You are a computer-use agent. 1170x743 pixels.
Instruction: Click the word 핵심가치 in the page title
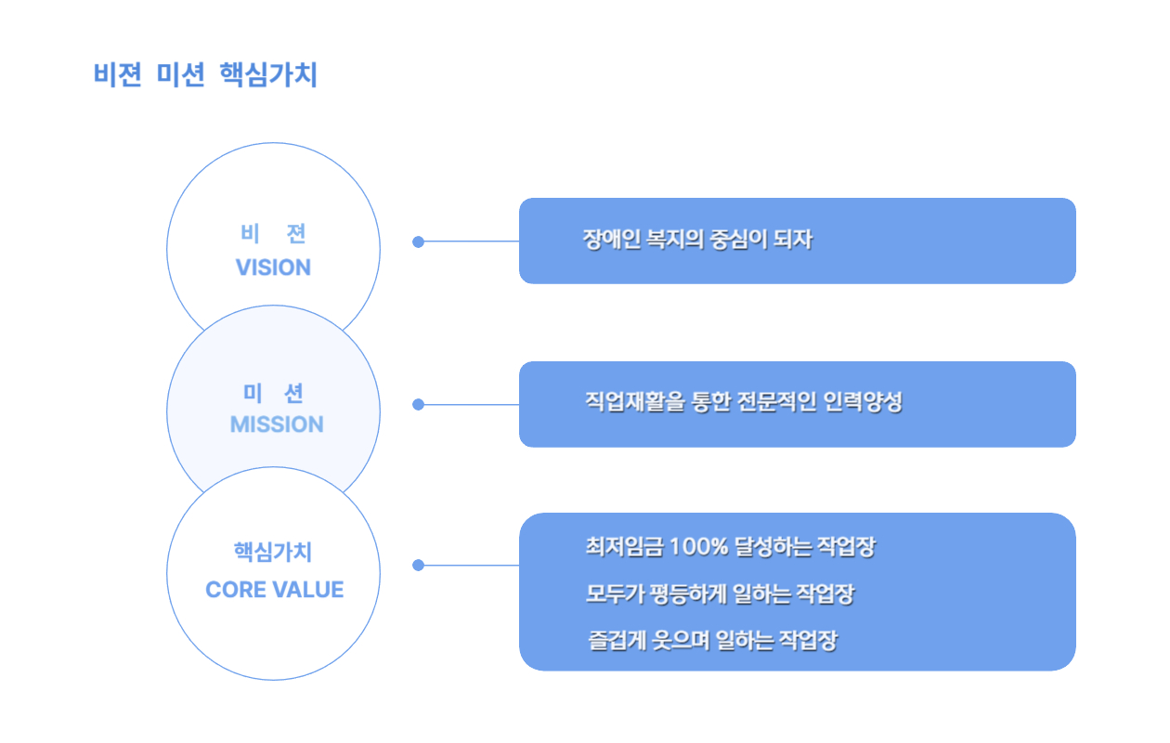pyautogui.click(x=268, y=74)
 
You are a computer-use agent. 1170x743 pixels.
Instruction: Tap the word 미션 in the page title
pyautogui.click(x=180, y=74)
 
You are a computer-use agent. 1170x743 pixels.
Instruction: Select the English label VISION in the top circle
pyautogui.click(x=273, y=267)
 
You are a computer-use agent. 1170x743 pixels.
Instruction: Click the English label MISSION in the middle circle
pyautogui.click(x=277, y=424)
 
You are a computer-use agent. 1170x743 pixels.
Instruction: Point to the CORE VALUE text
pyautogui.click(x=275, y=590)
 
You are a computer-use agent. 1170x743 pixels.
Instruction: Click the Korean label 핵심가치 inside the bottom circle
pyautogui.click(x=273, y=553)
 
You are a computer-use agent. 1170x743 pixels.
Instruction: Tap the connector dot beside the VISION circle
pyautogui.click(x=418, y=241)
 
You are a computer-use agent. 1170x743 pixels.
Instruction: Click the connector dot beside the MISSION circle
pyautogui.click(x=418, y=404)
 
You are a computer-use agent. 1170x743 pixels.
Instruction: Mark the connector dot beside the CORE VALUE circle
pyautogui.click(x=418, y=565)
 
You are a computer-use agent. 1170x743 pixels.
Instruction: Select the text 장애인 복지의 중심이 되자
pyautogui.click(x=697, y=240)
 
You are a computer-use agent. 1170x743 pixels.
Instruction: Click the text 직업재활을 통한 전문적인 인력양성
pyautogui.click(x=744, y=402)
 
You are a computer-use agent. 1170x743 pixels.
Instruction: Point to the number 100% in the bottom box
pyautogui.click(x=698, y=546)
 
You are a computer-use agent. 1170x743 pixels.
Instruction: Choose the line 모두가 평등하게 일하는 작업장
pyautogui.click(x=720, y=593)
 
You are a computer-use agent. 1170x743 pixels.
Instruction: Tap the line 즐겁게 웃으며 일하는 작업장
pyautogui.click(x=712, y=641)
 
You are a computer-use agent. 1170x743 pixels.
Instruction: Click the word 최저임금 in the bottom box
pyautogui.click(x=624, y=546)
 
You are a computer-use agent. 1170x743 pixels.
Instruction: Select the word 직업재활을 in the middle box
pyautogui.click(x=634, y=402)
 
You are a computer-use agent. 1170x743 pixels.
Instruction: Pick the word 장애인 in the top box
pyautogui.click(x=611, y=240)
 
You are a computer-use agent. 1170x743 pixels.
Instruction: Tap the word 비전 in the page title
pyautogui.click(x=118, y=74)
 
